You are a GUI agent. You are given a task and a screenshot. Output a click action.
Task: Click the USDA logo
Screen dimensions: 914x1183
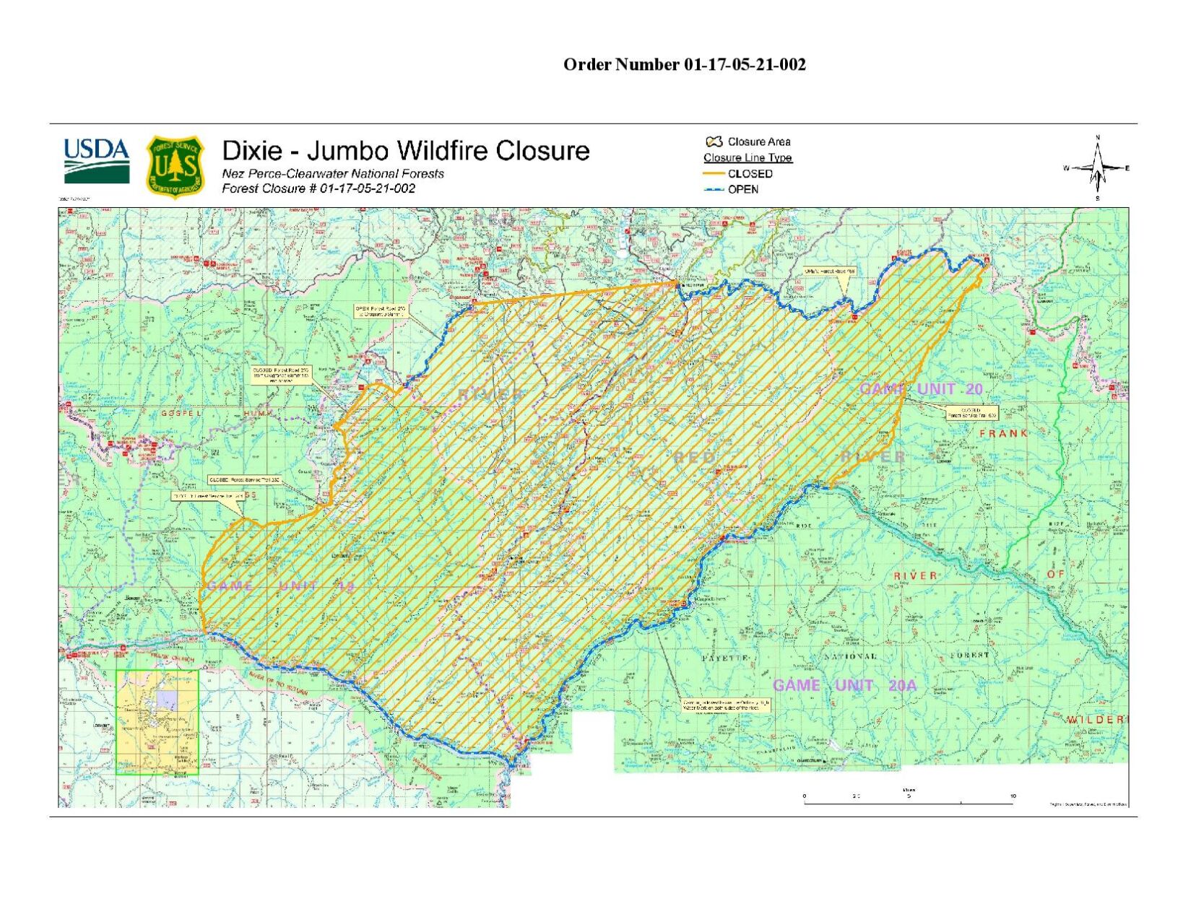point(97,161)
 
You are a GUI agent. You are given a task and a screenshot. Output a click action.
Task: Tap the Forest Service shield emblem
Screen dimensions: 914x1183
point(175,167)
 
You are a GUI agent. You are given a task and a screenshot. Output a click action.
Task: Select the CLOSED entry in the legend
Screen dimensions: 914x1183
point(750,174)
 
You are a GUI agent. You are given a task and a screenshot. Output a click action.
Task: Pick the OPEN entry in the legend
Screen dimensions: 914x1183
point(742,189)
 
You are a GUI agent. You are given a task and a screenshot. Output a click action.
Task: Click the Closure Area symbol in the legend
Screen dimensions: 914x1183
point(714,142)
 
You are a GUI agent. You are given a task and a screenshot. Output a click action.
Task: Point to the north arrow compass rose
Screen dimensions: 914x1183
point(1097,168)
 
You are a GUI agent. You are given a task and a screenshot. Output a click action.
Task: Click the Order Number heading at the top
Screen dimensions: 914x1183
point(684,64)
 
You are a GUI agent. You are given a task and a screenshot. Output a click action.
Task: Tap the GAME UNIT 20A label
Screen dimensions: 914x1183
point(844,685)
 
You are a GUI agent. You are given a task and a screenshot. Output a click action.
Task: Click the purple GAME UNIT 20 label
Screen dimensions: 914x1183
point(921,389)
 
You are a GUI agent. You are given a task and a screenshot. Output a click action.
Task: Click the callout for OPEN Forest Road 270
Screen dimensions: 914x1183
point(381,311)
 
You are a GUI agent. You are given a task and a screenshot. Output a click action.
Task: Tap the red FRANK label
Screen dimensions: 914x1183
point(1003,433)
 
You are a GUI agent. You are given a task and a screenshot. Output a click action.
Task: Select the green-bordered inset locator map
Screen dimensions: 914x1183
point(157,722)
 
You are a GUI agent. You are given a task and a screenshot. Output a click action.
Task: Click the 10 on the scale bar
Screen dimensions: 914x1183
point(1013,796)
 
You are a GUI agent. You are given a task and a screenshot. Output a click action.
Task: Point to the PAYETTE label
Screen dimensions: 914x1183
point(726,658)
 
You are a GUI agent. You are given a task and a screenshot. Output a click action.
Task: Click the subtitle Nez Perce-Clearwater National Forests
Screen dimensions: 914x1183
point(332,173)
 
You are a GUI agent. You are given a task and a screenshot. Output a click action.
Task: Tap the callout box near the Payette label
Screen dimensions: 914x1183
point(726,705)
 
